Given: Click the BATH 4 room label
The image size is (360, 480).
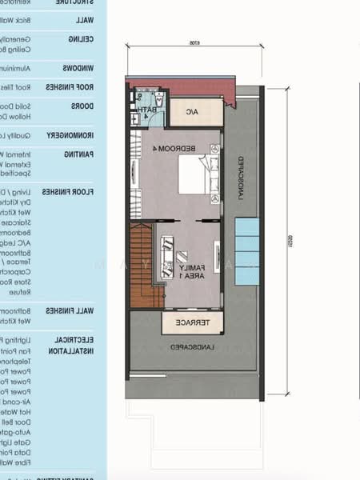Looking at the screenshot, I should point(147,110).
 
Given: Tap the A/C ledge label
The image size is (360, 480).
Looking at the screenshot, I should point(193,112).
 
